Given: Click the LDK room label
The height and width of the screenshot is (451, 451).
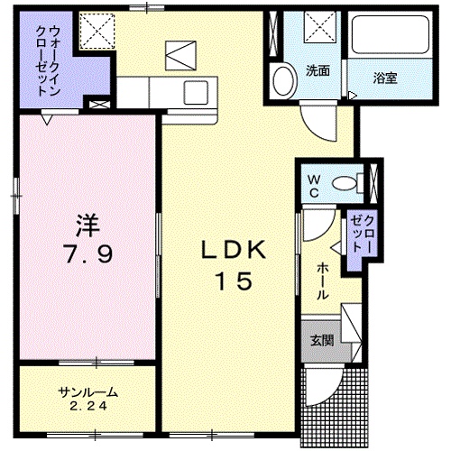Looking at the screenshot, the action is point(234,249).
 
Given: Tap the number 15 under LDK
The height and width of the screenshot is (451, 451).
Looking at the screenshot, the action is point(234,281).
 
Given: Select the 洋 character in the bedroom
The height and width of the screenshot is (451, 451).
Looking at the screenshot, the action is point(87,225).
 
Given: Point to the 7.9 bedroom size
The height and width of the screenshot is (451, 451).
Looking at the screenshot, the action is point(87,253).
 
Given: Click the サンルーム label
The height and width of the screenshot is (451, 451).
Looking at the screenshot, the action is point(87,392).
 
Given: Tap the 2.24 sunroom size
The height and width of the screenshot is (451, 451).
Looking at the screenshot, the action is point(87,407).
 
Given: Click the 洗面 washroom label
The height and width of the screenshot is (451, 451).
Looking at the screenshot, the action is point(318,70).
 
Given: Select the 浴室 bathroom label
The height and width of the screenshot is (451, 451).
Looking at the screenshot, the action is point(385,78).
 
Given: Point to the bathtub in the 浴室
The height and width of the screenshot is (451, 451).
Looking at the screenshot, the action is point(391,35).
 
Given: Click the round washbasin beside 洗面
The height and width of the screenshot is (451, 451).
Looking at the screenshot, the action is point(283,80).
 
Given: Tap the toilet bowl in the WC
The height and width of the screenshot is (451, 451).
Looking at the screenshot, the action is point(345,183).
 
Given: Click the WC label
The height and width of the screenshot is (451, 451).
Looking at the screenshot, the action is point(314,187).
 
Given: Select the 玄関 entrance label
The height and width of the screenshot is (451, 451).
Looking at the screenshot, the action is point(322,341).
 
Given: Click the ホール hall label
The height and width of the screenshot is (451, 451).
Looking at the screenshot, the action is point(323,281).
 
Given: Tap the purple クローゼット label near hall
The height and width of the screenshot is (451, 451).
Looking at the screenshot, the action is point(363,235).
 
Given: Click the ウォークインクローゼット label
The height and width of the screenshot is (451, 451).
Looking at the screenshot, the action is point(47,61).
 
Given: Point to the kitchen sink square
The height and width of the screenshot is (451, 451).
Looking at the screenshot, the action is point(196,92).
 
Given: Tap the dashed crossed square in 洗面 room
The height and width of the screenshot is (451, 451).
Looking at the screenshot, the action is point(320,27).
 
